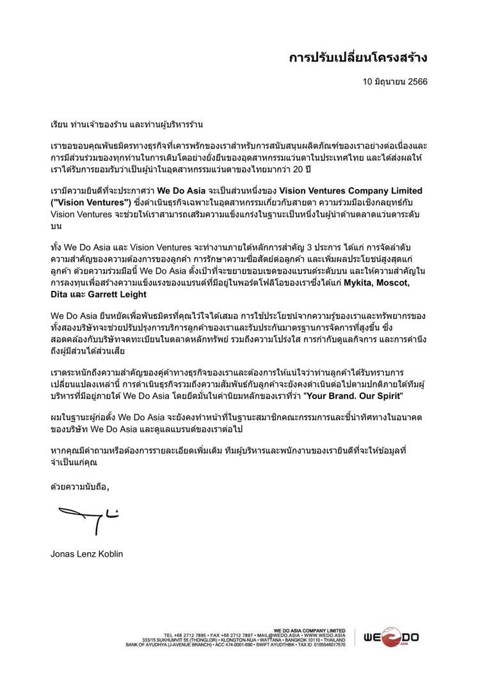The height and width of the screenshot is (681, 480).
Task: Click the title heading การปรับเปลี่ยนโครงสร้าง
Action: point(358,58)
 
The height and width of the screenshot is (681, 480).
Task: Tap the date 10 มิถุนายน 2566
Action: point(395,82)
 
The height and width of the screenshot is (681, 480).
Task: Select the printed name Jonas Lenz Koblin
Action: point(86,554)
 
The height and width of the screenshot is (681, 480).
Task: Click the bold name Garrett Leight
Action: point(117,294)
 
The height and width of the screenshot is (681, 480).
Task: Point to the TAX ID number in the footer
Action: point(330,644)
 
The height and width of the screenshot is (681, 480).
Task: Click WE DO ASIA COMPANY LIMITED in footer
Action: point(309,630)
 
